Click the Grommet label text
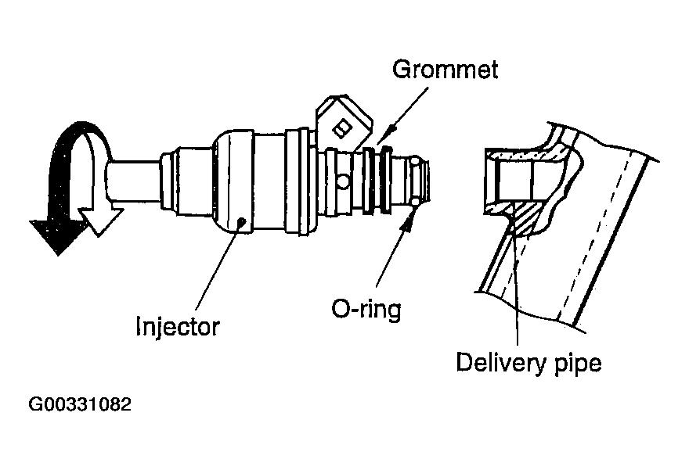click(445, 70)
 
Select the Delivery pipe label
click(528, 363)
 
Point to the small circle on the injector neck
click(343, 182)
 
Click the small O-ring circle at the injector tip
click(414, 205)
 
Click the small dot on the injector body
click(243, 221)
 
